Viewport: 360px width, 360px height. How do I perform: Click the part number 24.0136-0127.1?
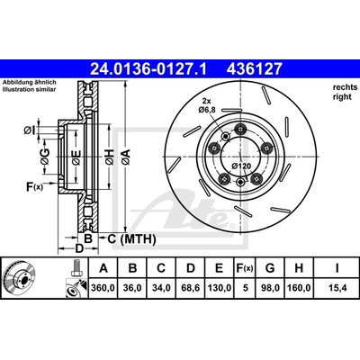pos(148,68)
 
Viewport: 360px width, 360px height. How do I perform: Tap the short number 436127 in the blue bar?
pos(255,68)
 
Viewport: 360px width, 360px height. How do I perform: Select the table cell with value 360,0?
pos(103,288)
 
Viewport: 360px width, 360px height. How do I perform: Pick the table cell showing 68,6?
pos(191,288)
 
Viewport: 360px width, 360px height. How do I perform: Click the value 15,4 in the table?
pos(337,288)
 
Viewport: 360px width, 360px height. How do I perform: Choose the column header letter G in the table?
pos(270,268)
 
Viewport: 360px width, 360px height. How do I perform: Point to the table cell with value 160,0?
pos(299,288)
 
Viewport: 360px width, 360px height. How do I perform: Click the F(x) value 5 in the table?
pos(246,288)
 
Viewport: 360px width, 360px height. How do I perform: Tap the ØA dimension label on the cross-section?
pos(126,157)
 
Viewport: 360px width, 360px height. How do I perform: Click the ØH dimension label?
pos(110,157)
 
